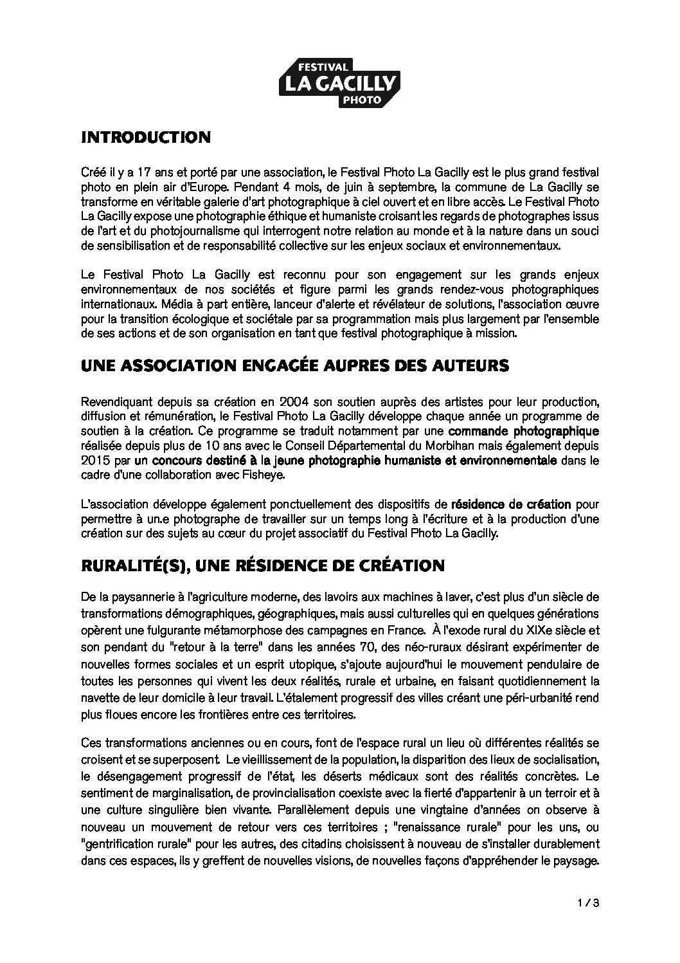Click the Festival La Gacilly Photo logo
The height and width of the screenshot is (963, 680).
point(339,83)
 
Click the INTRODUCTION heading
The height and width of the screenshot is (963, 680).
point(146,137)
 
